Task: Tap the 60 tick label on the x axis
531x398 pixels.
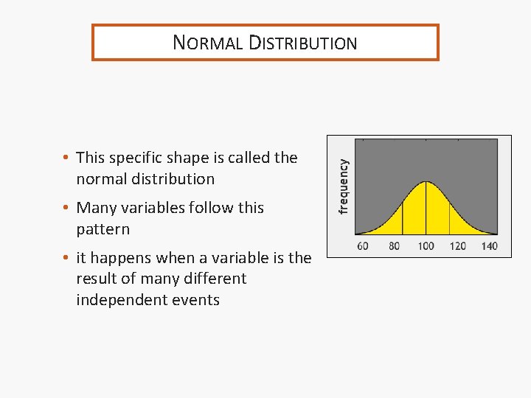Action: pyautogui.click(x=363, y=245)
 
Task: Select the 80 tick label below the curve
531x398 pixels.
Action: pyautogui.click(x=394, y=245)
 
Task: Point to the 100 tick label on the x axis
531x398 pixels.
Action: pyautogui.click(x=426, y=245)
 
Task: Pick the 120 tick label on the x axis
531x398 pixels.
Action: pyautogui.click(x=457, y=245)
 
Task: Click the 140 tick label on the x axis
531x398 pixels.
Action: pyautogui.click(x=489, y=245)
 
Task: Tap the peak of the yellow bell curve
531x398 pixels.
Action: pyautogui.click(x=426, y=181)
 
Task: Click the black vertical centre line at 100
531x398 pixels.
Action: pyautogui.click(x=426, y=210)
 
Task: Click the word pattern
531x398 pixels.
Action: pyautogui.click(x=103, y=229)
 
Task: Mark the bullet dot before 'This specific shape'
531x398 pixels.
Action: pyautogui.click(x=66, y=158)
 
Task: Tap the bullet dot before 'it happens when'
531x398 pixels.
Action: pyautogui.click(x=66, y=259)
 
